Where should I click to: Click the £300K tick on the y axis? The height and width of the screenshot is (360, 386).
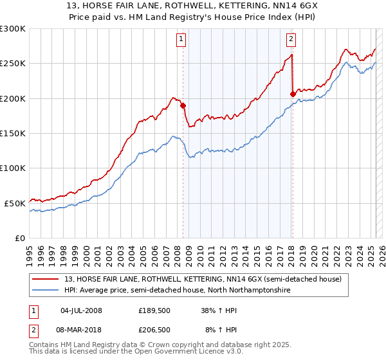point(13,29)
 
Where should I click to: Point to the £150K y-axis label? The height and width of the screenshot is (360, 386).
point(13,133)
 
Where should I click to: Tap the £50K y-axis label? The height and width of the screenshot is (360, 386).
point(15,203)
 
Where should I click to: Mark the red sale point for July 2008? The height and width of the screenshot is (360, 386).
point(183,106)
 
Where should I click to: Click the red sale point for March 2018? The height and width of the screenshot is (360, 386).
point(293,94)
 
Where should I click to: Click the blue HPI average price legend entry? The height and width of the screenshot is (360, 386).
point(177,290)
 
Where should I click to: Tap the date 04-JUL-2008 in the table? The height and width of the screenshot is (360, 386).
point(81,310)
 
